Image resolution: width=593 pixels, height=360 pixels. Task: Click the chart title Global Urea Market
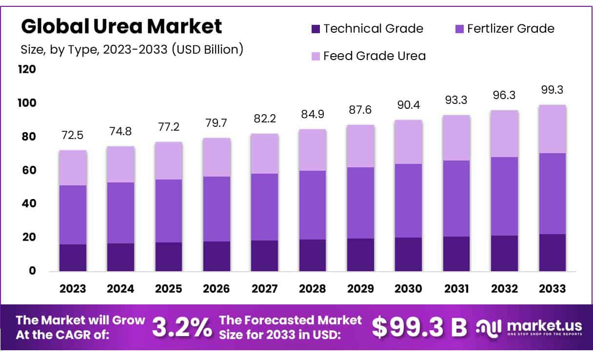click(121, 26)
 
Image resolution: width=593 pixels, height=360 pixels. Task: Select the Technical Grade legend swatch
click(316, 29)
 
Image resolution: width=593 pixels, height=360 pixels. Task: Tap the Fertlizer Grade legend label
click(511, 29)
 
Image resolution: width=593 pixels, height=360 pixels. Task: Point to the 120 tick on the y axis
click(27, 69)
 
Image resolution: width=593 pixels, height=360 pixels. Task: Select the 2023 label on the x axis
click(72, 288)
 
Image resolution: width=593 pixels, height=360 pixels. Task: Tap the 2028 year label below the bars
click(313, 288)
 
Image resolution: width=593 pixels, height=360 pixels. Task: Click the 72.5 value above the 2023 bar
click(72, 134)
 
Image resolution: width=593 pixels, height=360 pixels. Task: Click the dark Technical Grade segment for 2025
click(168, 257)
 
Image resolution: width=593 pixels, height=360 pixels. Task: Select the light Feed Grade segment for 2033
click(552, 129)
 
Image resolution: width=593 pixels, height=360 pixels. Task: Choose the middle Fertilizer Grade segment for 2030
click(408, 200)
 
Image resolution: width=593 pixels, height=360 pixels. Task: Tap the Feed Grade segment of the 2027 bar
click(264, 154)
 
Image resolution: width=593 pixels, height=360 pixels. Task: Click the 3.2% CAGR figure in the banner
click(182, 327)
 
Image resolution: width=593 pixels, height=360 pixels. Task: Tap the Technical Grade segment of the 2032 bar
click(504, 253)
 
